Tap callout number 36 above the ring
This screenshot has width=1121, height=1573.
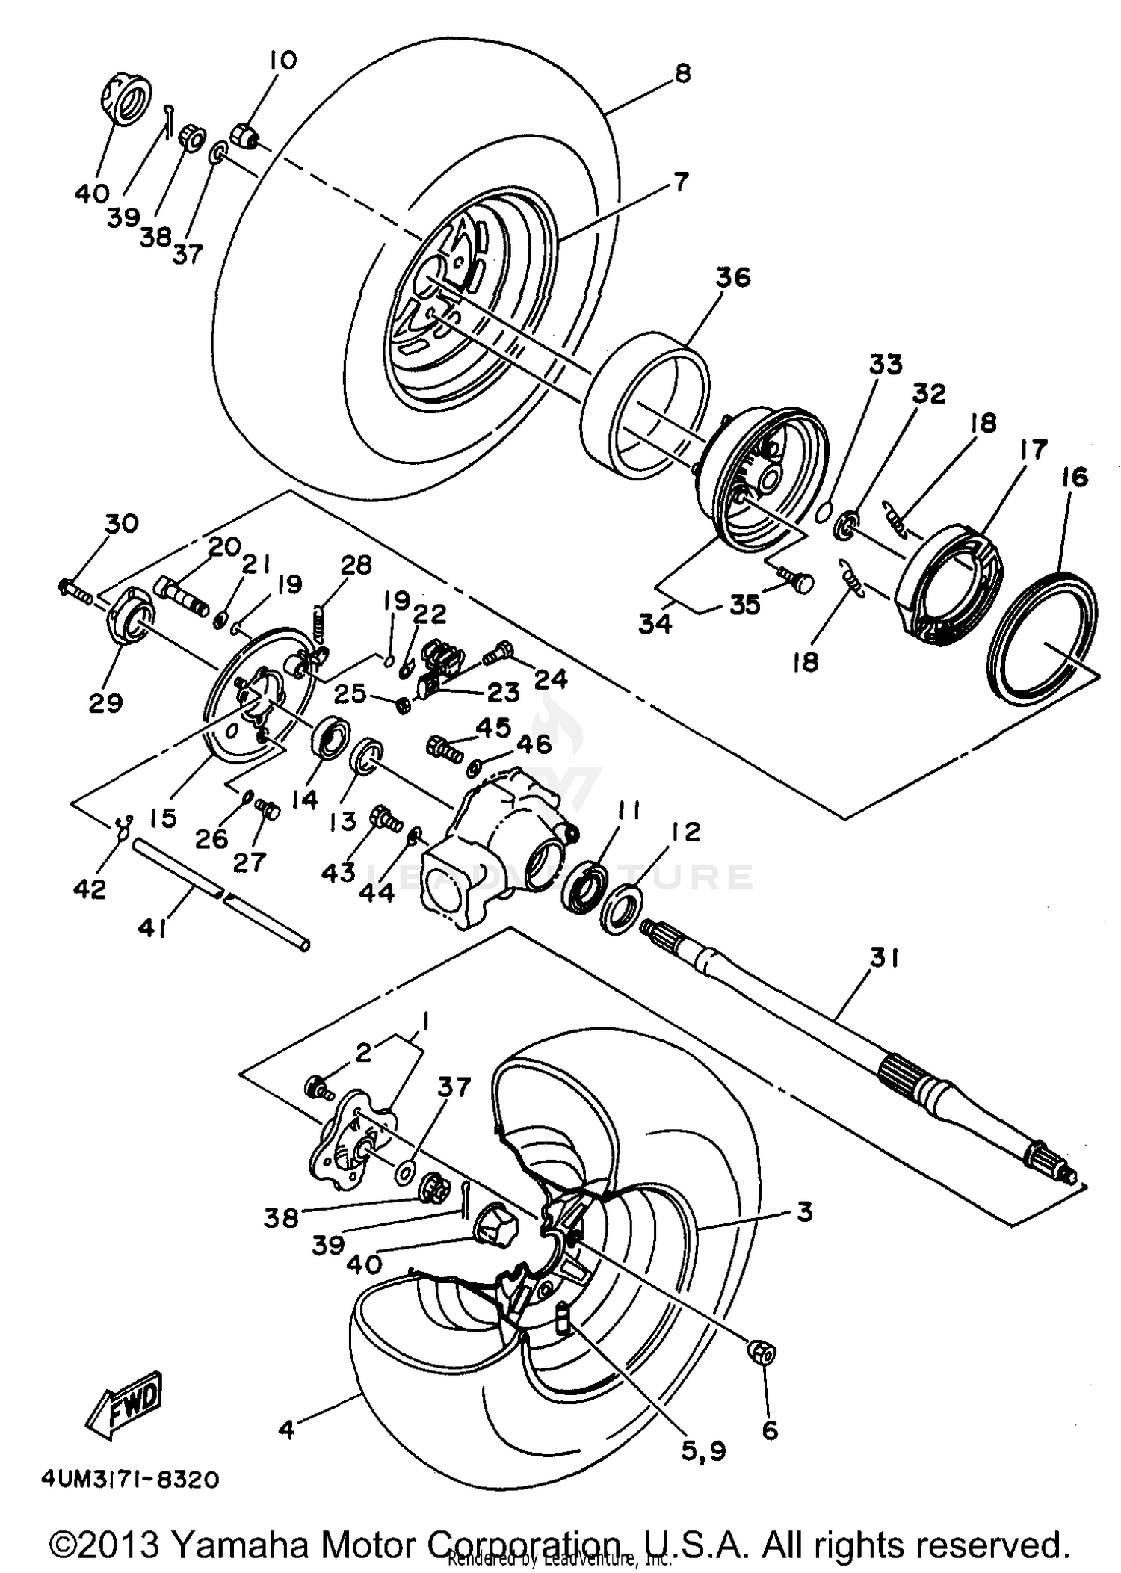(732, 278)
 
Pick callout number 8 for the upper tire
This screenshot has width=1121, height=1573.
(682, 73)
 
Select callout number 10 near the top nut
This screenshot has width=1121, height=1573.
(282, 60)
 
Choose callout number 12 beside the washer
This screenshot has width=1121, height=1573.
(685, 832)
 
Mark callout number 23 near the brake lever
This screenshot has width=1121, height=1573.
(502, 692)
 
